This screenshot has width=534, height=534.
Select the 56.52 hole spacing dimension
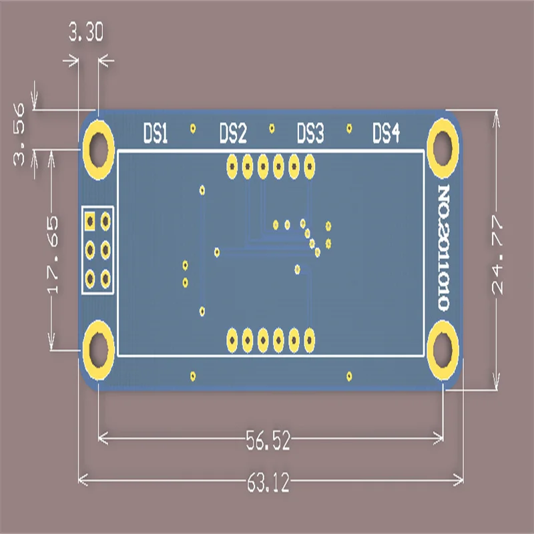click(x=268, y=440)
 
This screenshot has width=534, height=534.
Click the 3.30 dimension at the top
click(x=86, y=34)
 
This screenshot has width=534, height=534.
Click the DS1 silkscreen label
click(x=156, y=134)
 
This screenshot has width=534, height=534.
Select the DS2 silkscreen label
click(x=233, y=134)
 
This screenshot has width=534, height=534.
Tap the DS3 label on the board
click(x=310, y=134)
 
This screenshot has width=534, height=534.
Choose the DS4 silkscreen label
click(x=386, y=134)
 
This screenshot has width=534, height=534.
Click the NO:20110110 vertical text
click(x=443, y=248)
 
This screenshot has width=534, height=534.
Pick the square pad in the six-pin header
click(x=89, y=220)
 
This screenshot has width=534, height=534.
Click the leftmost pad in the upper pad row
click(x=232, y=164)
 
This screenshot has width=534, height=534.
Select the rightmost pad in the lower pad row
click(x=309, y=340)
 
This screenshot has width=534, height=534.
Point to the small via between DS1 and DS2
click(x=193, y=127)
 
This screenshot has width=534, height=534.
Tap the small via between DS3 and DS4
click(x=348, y=127)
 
